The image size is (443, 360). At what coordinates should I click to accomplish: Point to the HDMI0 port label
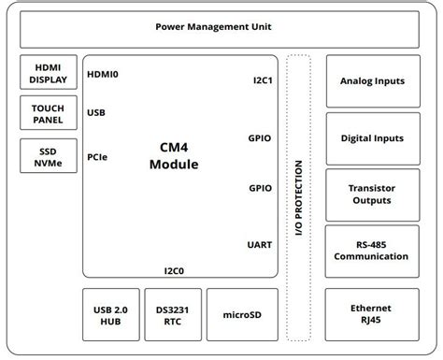tap(103, 74)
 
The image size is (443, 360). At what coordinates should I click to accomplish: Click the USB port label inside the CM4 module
tap(96, 113)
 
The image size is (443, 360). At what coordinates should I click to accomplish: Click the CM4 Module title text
tap(174, 156)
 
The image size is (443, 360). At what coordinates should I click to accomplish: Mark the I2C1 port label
tap(263, 79)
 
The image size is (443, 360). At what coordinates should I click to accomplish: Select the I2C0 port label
tap(174, 270)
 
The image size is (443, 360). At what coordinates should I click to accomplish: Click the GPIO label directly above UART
tap(261, 187)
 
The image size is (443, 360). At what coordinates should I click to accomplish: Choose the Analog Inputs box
tap(372, 81)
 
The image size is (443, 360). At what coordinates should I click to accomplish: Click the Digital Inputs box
tap(372, 137)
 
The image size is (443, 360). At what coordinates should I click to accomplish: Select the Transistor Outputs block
tap(372, 194)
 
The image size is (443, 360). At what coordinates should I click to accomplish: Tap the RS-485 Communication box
tap(372, 251)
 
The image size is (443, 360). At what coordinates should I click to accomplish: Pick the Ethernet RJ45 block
tap(372, 314)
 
